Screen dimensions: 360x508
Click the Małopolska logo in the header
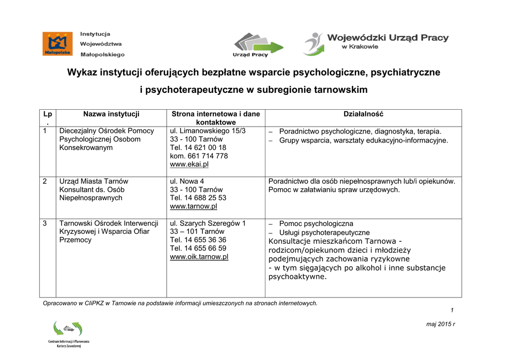click(58, 44)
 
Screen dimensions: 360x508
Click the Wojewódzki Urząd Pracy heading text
click(387, 38)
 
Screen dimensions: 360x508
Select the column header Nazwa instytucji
click(111, 114)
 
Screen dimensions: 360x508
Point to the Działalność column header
click(363, 114)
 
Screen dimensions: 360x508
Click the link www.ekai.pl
click(189, 164)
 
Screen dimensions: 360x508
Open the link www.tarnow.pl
click(193, 207)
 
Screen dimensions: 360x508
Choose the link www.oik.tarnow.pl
click(199, 257)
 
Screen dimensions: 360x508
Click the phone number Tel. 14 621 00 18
click(198, 147)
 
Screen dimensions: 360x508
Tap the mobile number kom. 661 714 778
click(198, 156)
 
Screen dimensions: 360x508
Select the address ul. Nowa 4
click(187, 181)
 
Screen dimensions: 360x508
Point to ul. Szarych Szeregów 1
click(207, 223)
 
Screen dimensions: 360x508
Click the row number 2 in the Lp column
click(45, 181)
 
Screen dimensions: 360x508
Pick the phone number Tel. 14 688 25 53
click(198, 198)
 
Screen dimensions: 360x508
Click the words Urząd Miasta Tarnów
click(94, 181)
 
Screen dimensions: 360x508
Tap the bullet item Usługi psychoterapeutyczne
click(324, 232)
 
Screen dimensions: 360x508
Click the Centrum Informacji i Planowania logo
click(68, 334)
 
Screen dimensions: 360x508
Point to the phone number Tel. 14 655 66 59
click(198, 249)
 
